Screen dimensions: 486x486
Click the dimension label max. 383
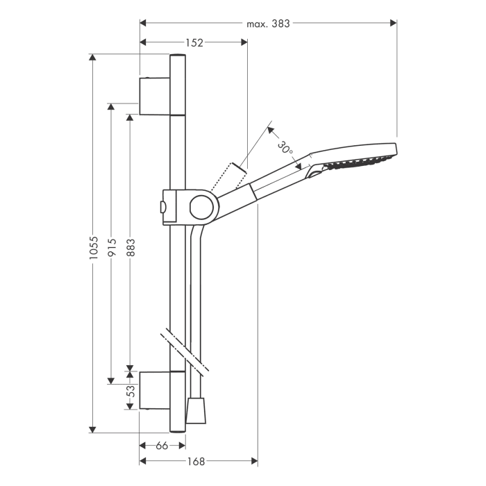[268, 23]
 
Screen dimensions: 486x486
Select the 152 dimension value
[195, 42]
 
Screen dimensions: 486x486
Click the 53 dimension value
[130, 393]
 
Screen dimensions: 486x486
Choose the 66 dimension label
[162, 445]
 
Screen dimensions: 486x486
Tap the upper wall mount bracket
[154, 96]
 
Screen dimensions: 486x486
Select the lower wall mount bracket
[154, 389]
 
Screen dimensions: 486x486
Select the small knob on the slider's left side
[162, 206]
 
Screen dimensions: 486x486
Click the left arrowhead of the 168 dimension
[144, 461]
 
